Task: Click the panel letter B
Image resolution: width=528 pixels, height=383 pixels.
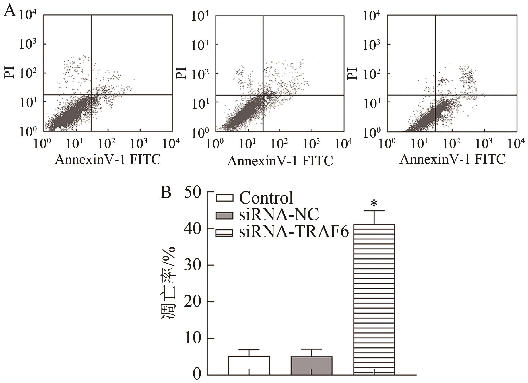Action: pyautogui.click(x=166, y=193)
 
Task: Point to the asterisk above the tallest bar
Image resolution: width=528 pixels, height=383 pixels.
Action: pyautogui.click(x=374, y=204)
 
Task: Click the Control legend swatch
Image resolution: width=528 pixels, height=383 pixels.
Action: pyautogui.click(x=225, y=198)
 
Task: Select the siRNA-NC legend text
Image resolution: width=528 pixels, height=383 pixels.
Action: pyautogui.click(x=279, y=214)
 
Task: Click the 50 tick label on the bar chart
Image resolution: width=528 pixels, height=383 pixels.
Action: pyautogui.click(x=193, y=192)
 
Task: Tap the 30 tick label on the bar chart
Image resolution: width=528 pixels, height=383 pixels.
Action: pyautogui.click(x=193, y=265)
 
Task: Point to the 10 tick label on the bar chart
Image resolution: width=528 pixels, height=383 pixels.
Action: pyautogui.click(x=193, y=339)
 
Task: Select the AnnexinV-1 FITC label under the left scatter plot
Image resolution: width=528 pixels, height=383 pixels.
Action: pyautogui.click(x=108, y=160)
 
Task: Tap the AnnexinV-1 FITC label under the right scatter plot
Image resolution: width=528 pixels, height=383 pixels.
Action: pyautogui.click(x=452, y=159)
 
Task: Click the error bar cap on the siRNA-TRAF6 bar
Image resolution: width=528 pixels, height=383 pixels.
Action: pyautogui.click(x=374, y=211)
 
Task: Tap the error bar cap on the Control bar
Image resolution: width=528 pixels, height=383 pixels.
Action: pyautogui.click(x=249, y=350)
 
